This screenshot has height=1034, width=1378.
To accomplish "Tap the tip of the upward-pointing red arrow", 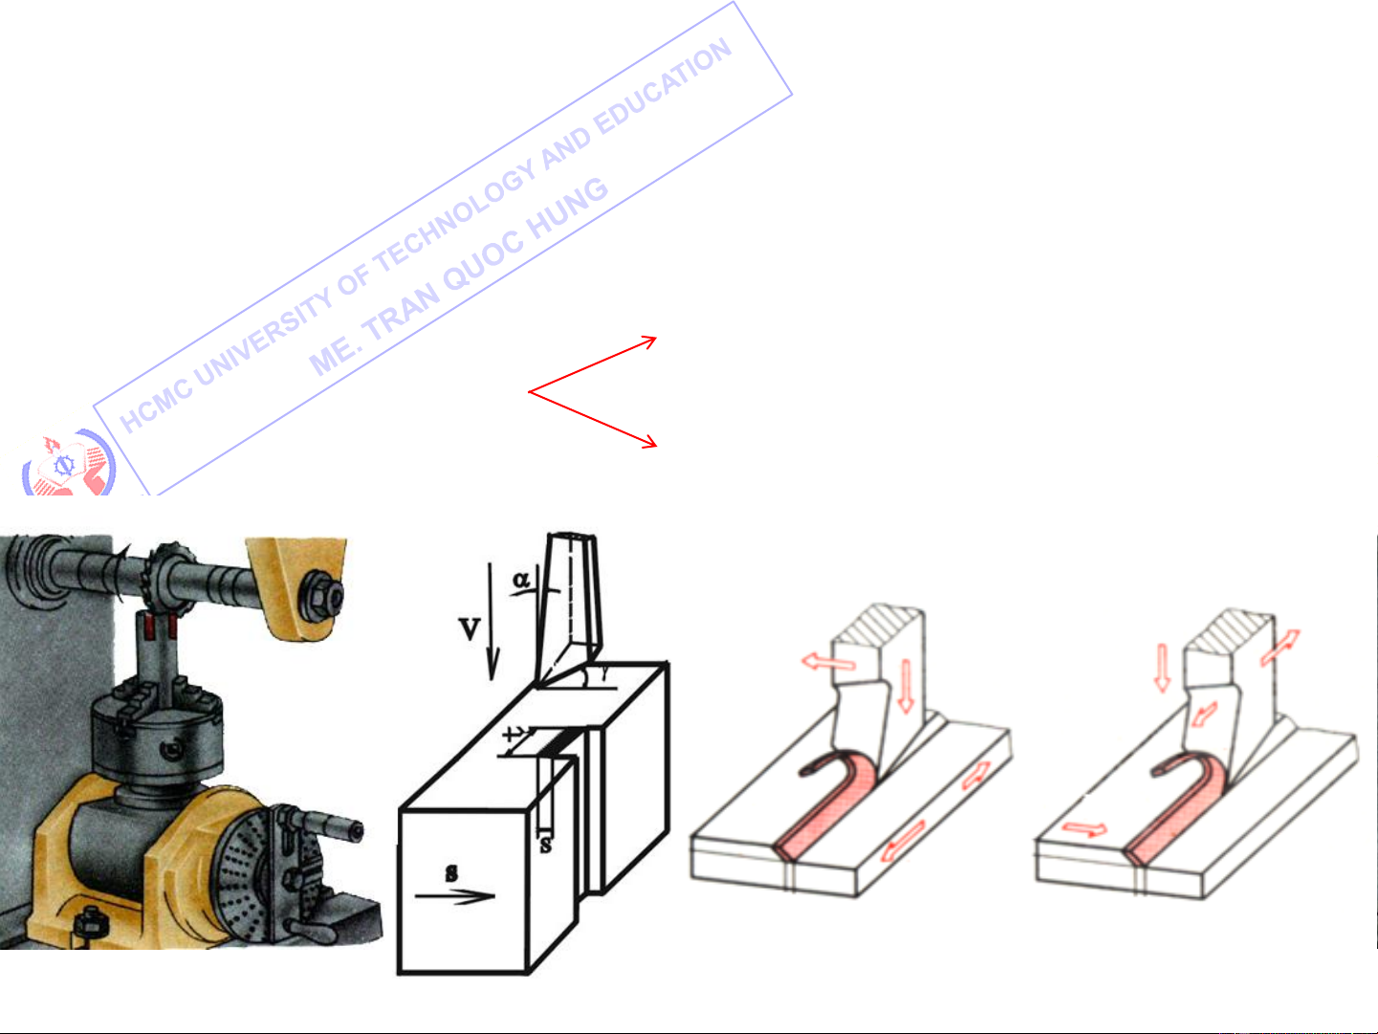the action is point(656,338).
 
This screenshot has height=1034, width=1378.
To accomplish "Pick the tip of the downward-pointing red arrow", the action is point(657,446).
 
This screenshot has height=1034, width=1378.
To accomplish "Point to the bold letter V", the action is point(470,628).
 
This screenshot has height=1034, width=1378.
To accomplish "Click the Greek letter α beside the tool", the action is point(521,580).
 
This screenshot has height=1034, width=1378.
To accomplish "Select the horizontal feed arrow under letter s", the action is point(455,896).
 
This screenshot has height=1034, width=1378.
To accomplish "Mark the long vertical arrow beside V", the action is point(492,622).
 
